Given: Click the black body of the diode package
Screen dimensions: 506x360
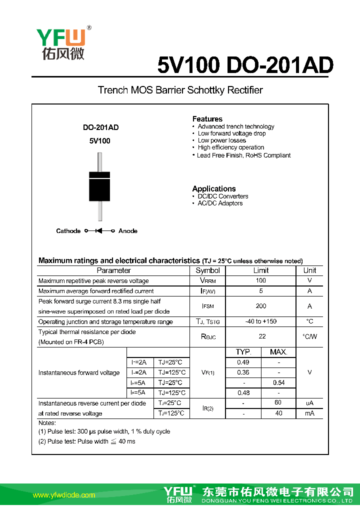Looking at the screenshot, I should pyautogui.click(x=99, y=187).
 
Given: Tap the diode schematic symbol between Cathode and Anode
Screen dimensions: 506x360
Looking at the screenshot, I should pyautogui.click(x=99, y=231).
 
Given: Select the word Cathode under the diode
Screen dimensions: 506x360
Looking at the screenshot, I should pyautogui.click(x=68, y=231).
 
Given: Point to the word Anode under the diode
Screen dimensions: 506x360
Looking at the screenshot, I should pyautogui.click(x=128, y=231).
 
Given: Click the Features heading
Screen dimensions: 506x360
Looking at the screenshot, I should pyautogui.click(x=207, y=119).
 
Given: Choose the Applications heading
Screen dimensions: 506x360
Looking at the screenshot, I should pyautogui.click(x=214, y=188).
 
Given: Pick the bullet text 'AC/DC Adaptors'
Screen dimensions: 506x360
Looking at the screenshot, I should pyautogui.click(x=220, y=203).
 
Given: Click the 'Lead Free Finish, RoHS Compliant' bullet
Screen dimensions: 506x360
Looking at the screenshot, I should pyautogui.click(x=244, y=155).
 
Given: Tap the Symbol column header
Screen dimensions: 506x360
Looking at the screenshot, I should pyautogui.click(x=207, y=270).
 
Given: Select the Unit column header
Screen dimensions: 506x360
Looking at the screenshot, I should pyautogui.click(x=309, y=270).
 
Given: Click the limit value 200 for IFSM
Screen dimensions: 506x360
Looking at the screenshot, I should pyautogui.click(x=261, y=306).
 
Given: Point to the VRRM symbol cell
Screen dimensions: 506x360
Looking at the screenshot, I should pyautogui.click(x=207, y=281).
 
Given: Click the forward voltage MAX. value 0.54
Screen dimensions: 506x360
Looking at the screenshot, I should pyautogui.click(x=278, y=382).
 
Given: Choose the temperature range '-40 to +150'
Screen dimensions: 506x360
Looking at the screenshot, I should pyautogui.click(x=261, y=321).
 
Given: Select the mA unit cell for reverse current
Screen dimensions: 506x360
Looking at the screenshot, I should pyautogui.click(x=309, y=413).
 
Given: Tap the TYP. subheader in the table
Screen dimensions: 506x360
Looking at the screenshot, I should pyautogui.click(x=243, y=352).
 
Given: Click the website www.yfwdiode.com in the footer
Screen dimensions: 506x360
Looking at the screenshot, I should pyautogui.click(x=64, y=495).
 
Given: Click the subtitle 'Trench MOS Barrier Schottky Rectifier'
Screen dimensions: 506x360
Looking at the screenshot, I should pyautogui.click(x=180, y=90).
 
